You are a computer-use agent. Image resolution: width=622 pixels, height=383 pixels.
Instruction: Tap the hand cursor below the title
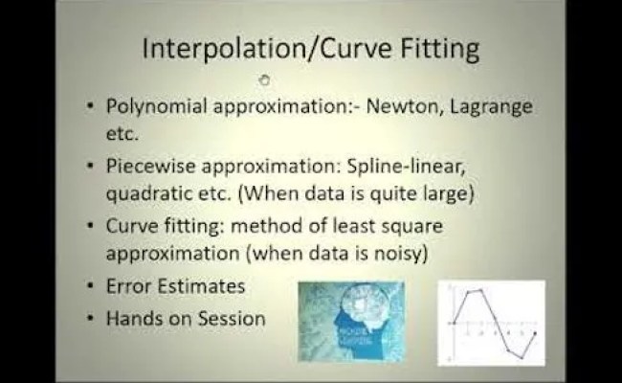(265, 79)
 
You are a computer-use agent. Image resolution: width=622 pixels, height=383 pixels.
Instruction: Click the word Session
(232, 318)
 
